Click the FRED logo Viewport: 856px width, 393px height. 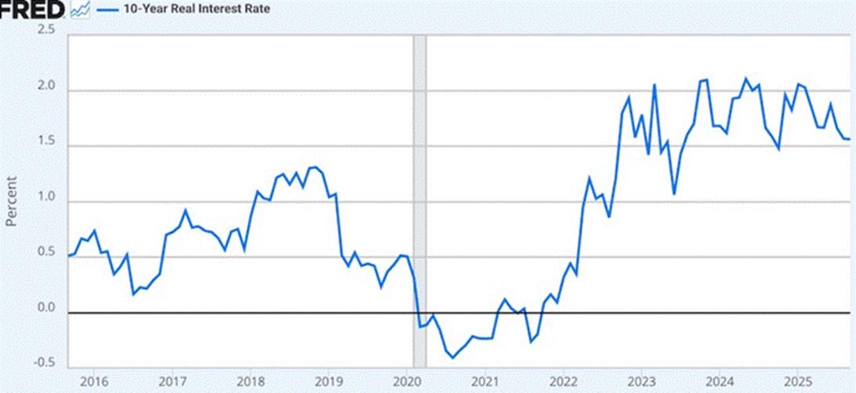pos(32,10)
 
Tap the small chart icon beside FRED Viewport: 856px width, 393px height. pos(78,10)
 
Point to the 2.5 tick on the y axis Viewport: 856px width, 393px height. pos(46,30)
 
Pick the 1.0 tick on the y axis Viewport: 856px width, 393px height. pos(46,198)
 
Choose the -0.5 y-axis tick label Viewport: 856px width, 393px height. pos(45,363)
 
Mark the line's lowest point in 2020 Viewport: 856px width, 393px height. pos(452,358)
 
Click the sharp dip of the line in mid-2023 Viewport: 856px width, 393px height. pos(674,194)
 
